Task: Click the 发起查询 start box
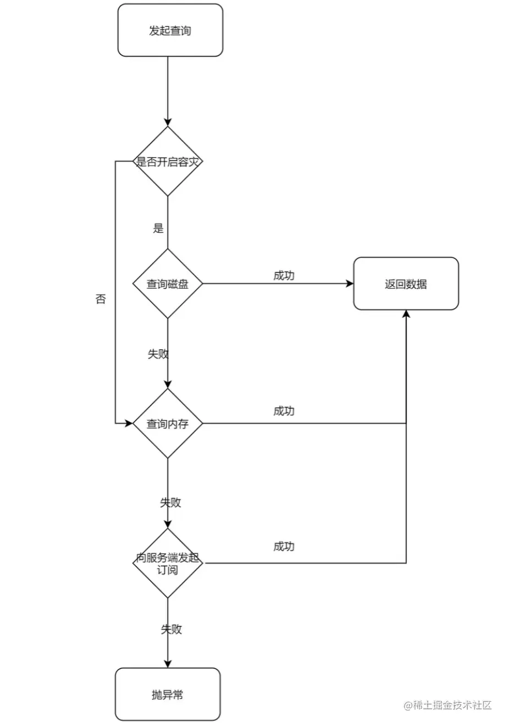pyautogui.click(x=170, y=30)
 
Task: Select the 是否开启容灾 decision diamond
pyautogui.click(x=168, y=162)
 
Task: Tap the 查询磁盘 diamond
pyautogui.click(x=168, y=284)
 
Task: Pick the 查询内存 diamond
pyautogui.click(x=168, y=423)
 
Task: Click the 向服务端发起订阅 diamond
pyautogui.click(x=168, y=564)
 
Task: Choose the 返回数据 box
pyautogui.click(x=406, y=284)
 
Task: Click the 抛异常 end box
pyautogui.click(x=168, y=694)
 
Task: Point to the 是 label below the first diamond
pyautogui.click(x=158, y=228)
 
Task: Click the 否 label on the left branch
pyautogui.click(x=101, y=300)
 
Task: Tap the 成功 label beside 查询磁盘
pyautogui.click(x=284, y=276)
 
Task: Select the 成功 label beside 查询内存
pyautogui.click(x=284, y=411)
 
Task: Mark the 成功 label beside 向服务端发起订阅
pyautogui.click(x=284, y=546)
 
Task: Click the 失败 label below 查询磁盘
pyautogui.click(x=158, y=354)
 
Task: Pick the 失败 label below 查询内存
pyautogui.click(x=170, y=502)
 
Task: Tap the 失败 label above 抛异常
pyautogui.click(x=171, y=629)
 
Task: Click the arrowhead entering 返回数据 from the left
pyautogui.click(x=349, y=284)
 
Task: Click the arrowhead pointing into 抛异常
pyautogui.click(x=168, y=664)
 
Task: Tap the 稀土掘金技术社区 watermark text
pyautogui.click(x=448, y=705)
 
